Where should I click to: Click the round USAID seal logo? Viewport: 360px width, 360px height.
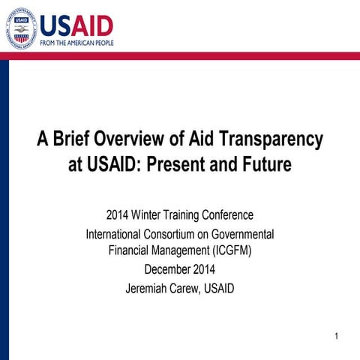coord(19,28)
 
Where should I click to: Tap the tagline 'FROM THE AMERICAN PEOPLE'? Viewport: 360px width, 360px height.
coord(77,43)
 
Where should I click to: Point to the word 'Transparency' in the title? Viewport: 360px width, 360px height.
coord(270,139)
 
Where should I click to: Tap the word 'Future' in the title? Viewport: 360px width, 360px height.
coord(267,164)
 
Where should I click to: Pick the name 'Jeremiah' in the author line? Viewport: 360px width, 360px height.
coord(147,287)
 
